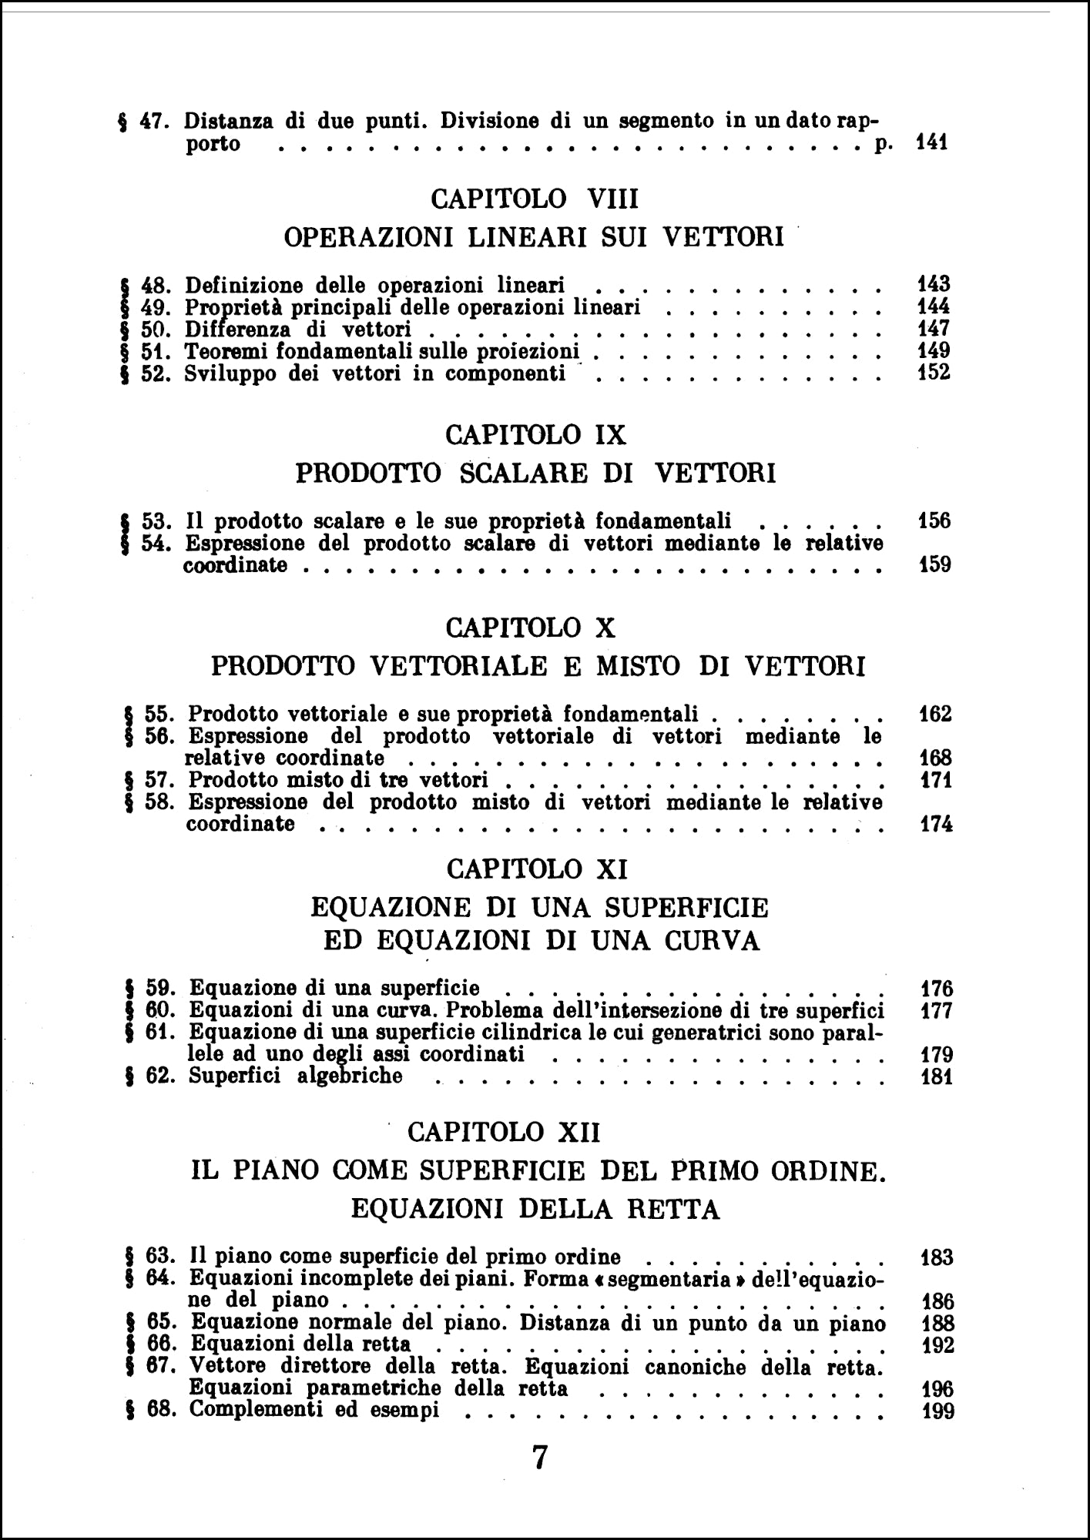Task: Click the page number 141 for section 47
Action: point(932,143)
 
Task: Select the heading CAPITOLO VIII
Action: point(535,199)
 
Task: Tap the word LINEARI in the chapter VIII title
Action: point(530,237)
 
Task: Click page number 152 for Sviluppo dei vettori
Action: point(934,373)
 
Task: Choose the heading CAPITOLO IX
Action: point(535,435)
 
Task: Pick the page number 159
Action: point(935,565)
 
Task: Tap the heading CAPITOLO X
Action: point(531,628)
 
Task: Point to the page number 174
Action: point(937,825)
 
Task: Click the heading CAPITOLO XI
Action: point(537,870)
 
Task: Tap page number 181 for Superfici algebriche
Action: point(937,1076)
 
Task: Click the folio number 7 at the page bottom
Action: point(540,1458)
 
